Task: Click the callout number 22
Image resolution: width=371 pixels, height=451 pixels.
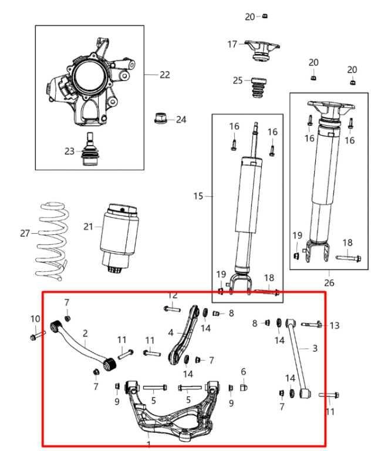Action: tap(165, 75)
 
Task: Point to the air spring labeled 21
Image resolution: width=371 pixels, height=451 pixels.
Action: tap(120, 235)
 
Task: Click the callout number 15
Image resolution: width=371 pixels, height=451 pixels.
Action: tap(198, 196)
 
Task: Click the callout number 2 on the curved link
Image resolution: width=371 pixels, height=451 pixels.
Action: tap(85, 333)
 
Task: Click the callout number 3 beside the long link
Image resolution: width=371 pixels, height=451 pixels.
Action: tap(315, 349)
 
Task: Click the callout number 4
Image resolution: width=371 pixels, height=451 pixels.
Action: tap(171, 332)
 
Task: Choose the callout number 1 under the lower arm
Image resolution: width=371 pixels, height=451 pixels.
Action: tap(149, 445)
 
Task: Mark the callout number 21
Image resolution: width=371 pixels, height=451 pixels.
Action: tap(88, 227)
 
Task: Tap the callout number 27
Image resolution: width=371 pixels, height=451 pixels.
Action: tap(24, 233)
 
